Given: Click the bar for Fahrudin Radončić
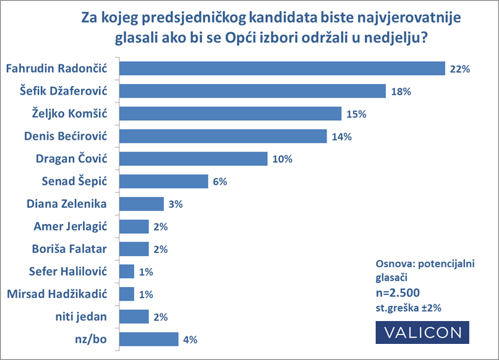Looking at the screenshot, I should click(282, 69).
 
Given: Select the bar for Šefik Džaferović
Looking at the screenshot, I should click(252, 92).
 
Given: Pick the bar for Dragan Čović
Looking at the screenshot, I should click(193, 158).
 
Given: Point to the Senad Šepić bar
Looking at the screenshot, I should click(163, 181).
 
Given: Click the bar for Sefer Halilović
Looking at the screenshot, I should click(126, 271).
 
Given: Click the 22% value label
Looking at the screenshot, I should click(461, 69).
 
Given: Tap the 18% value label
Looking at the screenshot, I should click(401, 92).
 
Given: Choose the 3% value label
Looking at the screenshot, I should click(176, 204).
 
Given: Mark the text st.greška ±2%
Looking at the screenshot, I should click(407, 307).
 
